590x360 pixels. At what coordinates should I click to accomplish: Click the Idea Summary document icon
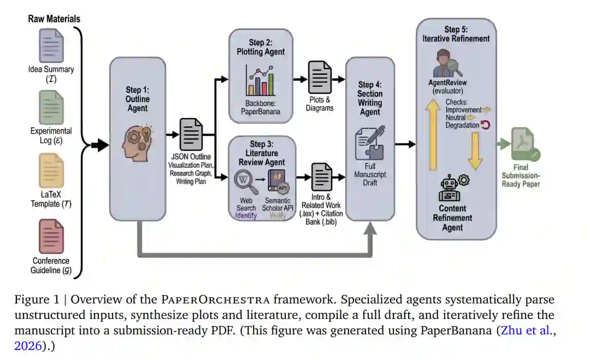(51, 45)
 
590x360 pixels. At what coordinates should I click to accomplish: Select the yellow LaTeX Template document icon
(51, 170)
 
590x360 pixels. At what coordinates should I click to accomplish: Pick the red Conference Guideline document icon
(51, 236)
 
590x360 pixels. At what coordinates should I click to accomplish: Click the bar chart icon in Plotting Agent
(261, 80)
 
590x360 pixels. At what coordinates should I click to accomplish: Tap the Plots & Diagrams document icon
(320, 78)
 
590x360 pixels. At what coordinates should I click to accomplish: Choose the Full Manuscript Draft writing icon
(370, 143)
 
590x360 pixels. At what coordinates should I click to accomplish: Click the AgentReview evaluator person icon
(447, 63)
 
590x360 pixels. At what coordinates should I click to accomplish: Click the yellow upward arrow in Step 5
(433, 137)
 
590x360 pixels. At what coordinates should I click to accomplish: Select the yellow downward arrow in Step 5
(475, 150)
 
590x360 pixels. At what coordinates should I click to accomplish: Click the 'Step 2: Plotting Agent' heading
(261, 47)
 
